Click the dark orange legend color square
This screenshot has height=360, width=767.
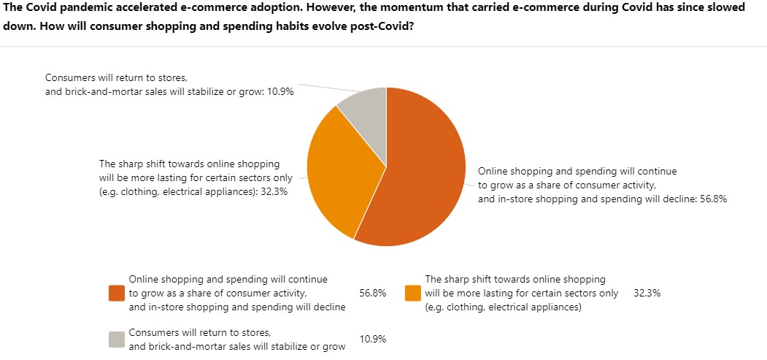[x=117, y=293]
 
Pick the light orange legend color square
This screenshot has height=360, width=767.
[x=412, y=293]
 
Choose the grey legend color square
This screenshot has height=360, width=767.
[x=117, y=339]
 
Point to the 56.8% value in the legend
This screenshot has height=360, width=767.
[x=373, y=293]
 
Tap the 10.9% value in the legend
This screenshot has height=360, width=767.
[x=373, y=339]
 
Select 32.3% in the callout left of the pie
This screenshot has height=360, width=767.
[x=274, y=191]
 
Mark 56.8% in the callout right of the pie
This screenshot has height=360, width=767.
[x=713, y=199]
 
